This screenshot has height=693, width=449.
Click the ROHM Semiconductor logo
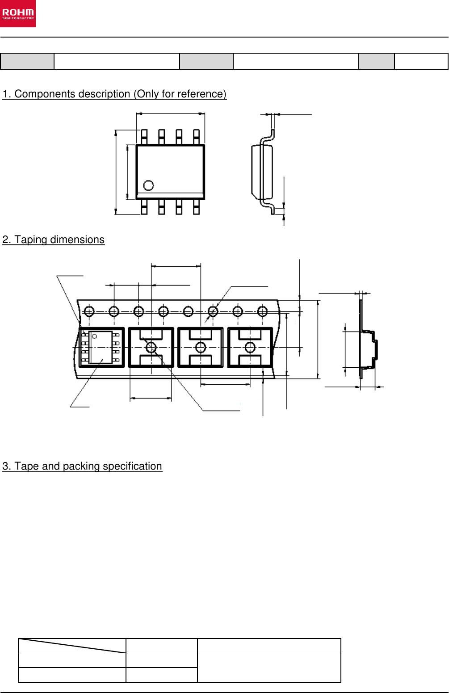point(18,14)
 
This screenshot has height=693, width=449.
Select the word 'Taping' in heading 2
point(31,240)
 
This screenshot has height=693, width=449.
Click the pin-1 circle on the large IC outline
point(148,185)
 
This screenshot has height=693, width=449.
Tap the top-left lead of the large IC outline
point(144,137)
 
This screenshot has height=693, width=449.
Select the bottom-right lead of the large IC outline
point(196,207)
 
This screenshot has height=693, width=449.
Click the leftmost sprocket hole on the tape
point(89,311)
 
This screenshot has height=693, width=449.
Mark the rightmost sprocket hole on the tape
point(262,311)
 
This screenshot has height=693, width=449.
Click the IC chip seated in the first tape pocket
point(101,348)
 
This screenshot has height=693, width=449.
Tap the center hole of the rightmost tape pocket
point(250,347)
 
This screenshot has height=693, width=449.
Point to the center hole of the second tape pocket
point(151,347)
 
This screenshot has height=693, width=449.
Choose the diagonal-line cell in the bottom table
point(72,646)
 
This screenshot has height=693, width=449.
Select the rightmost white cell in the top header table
point(421,61)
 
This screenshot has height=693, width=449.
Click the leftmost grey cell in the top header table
point(27,61)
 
